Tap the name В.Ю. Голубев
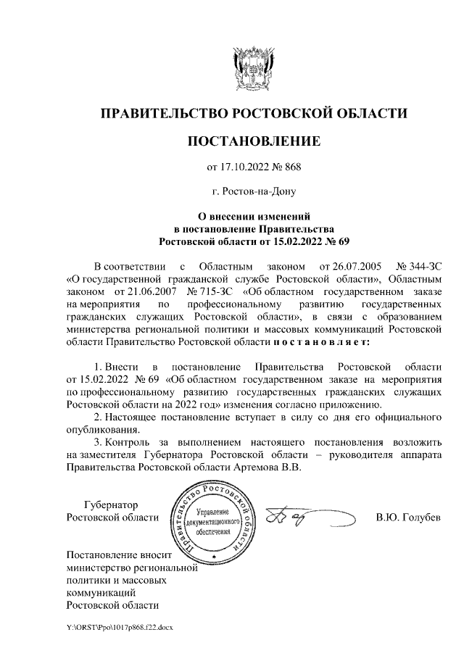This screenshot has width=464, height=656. pos(407,518)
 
